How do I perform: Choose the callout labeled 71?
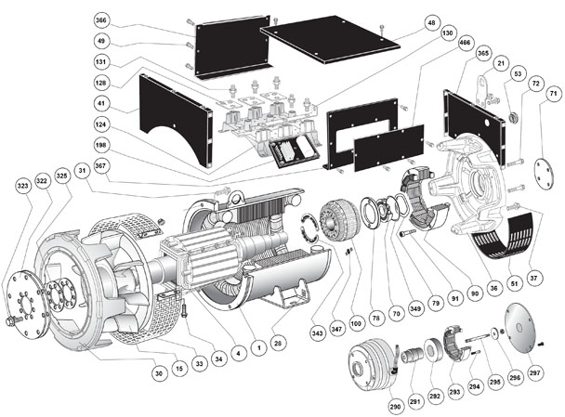(x=552, y=94)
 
